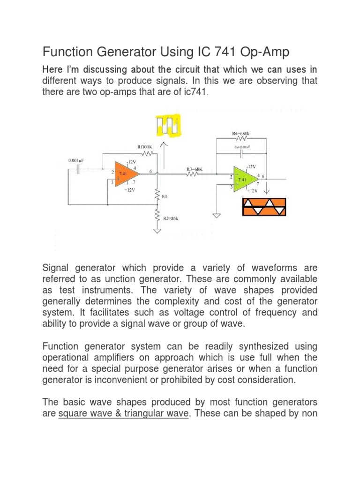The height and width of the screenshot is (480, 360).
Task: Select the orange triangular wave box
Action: pyautogui.click(x=263, y=207)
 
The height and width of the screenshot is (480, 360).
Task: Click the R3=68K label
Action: pyautogui.click(x=194, y=168)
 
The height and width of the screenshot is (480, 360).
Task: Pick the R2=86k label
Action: pyautogui.click(x=170, y=219)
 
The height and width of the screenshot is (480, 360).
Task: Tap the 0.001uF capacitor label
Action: pyautogui.click(x=78, y=160)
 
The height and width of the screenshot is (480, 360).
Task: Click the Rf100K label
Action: pyautogui.click(x=145, y=147)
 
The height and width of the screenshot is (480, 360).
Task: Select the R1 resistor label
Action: pyautogui.click(x=165, y=196)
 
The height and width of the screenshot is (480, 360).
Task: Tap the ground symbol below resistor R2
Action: pyautogui.click(x=157, y=231)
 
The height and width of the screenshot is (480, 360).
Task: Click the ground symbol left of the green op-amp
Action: pyautogui.click(x=217, y=216)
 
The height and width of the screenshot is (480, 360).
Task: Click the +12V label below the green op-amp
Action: pyautogui.click(x=253, y=190)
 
